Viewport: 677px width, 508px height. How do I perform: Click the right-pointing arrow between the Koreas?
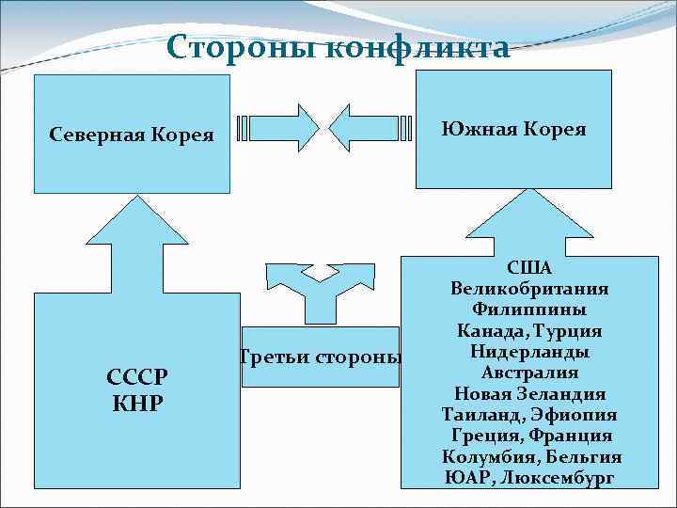click(278, 128)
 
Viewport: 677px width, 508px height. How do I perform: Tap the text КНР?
click(137, 404)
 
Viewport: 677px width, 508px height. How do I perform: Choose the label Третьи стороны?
click(321, 357)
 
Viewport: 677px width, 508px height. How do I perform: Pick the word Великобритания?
click(529, 289)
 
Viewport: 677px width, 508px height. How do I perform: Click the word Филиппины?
click(529, 310)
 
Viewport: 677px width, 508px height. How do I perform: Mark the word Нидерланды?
click(529, 352)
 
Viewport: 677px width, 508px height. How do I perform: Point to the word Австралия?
click(529, 373)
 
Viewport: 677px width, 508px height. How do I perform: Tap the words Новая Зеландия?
click(529, 393)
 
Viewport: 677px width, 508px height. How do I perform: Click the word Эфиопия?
click(573, 415)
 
